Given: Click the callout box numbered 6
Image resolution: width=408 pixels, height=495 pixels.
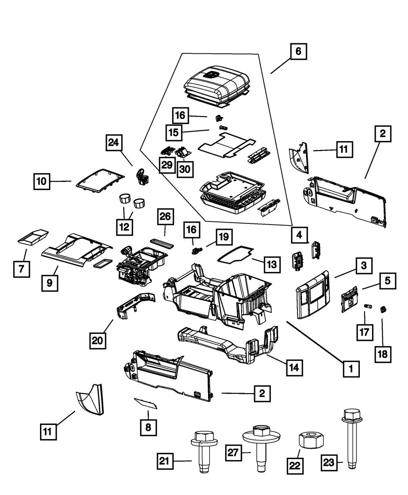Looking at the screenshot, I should tap(298, 52).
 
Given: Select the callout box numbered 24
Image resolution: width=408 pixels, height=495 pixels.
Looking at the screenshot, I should tap(115, 143).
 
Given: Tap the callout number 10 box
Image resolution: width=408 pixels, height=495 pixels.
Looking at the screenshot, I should tap(42, 181).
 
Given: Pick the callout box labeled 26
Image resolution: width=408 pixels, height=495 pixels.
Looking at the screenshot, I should tap(165, 218).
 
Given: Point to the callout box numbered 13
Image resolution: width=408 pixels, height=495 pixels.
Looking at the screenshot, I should tap(272, 265).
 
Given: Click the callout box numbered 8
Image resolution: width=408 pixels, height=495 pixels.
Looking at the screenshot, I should tap(148, 427).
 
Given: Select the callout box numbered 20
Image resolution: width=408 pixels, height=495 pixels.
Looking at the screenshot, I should tap(98, 340).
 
